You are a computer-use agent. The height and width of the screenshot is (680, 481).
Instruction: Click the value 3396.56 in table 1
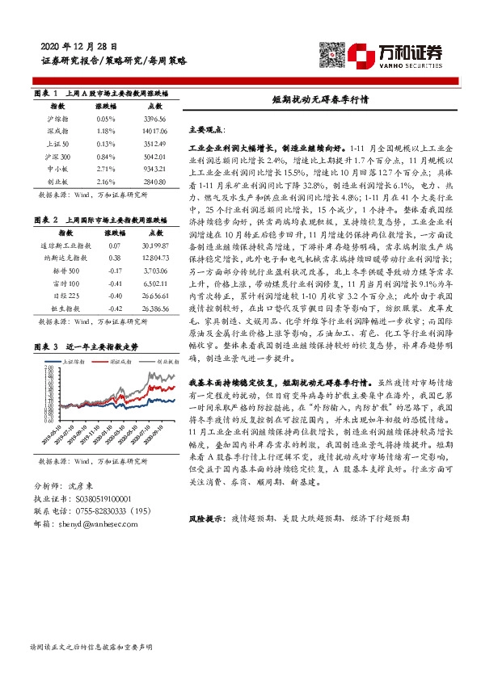[152, 118]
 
